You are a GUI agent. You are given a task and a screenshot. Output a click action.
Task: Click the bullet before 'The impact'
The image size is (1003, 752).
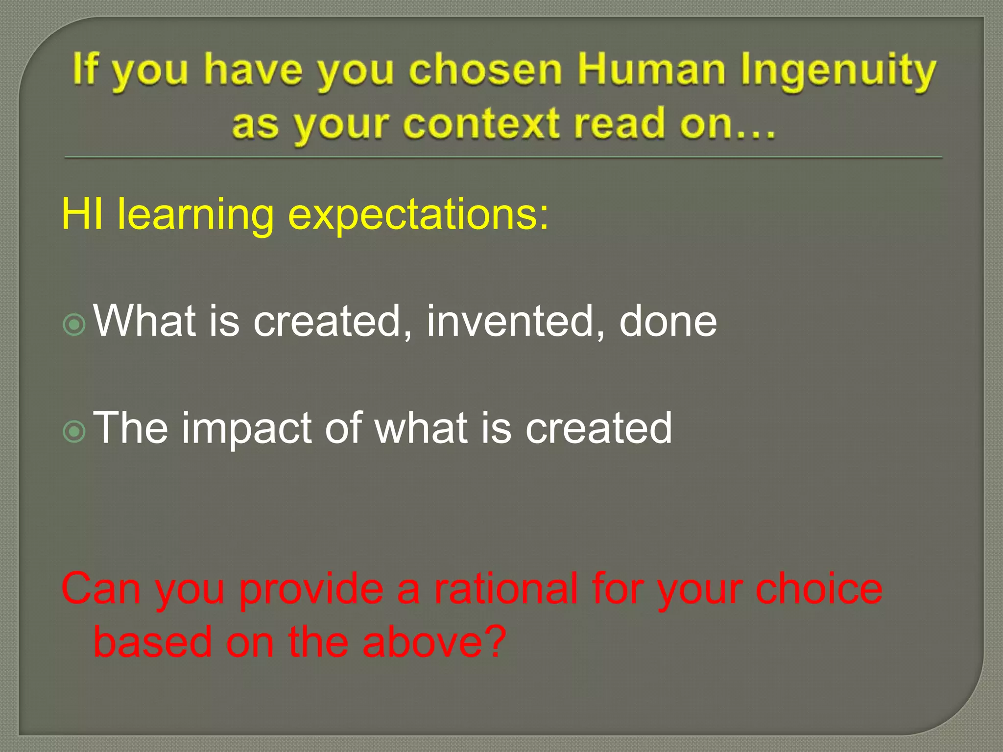coord(74,431)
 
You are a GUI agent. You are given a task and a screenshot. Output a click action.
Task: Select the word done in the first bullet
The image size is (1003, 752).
coord(668,322)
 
